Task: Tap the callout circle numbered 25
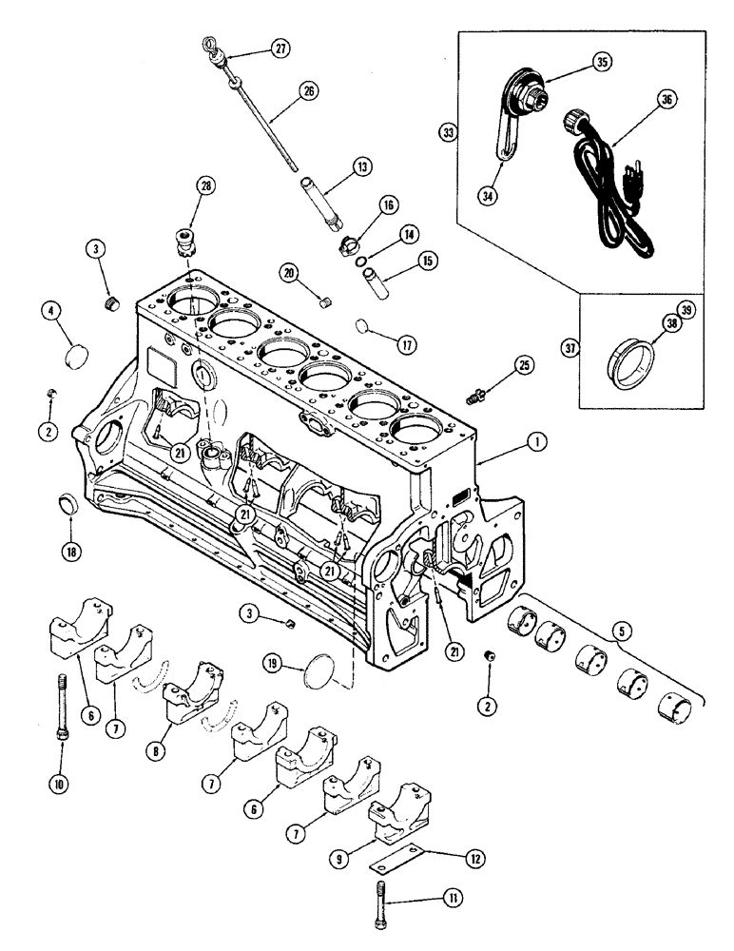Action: (527, 365)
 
